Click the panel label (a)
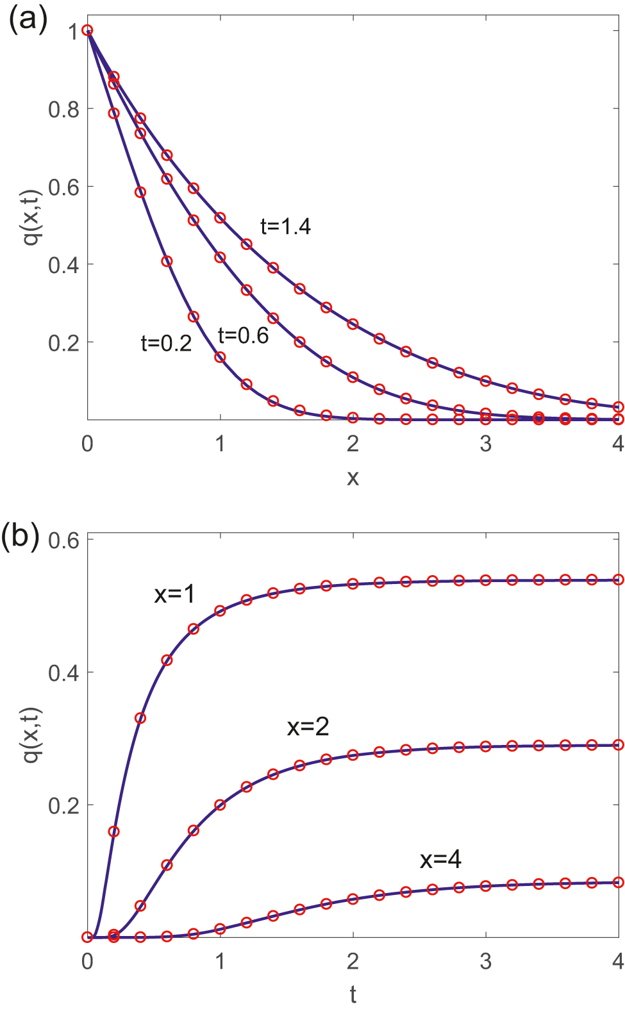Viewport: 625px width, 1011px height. pos(28,21)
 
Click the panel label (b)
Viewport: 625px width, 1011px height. pos(21,535)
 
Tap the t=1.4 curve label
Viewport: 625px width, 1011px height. pos(285,226)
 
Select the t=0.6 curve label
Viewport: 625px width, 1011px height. pos(243,335)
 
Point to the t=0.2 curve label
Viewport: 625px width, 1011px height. pos(166,344)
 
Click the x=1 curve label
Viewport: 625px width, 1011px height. pos(174,594)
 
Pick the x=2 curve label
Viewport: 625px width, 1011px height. pos(308,726)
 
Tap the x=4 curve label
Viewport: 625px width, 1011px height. pos(440,859)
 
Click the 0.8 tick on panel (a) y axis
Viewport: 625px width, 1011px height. pos(63,109)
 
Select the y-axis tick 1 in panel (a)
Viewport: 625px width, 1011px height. pos(74,31)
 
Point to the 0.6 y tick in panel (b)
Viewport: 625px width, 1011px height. pos(63,540)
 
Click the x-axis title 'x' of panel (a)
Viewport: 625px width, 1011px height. pos(353,477)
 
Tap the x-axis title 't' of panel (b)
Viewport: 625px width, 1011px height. pos(353,994)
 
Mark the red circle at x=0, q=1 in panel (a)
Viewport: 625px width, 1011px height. pos(88,31)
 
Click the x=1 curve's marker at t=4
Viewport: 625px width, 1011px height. pos(619,580)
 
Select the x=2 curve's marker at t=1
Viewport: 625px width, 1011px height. pos(221,805)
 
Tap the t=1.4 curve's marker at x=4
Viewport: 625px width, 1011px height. pos(619,407)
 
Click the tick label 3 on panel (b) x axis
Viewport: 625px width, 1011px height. pos(486,961)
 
